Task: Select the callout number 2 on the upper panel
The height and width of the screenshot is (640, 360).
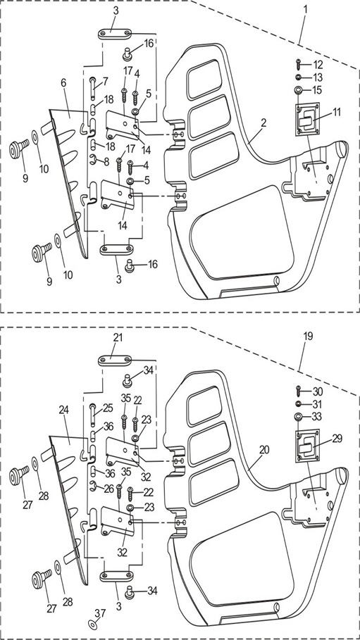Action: pos(264,123)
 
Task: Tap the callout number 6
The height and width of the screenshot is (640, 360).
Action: pos(63,82)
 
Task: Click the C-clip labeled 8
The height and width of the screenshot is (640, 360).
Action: pos(93,161)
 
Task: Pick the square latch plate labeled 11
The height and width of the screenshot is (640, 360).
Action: pos(307,118)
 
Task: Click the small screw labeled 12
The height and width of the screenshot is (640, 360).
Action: pos(298,65)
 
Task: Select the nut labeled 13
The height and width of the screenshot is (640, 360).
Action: pos(298,77)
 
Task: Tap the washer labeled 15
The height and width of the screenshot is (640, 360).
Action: pos(299,90)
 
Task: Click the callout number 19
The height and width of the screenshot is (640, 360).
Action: pos(308,336)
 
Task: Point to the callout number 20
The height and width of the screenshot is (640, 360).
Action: pos(264,449)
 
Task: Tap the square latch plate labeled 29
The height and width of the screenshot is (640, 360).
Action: pos(307,446)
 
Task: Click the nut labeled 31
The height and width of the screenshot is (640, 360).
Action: pos(298,405)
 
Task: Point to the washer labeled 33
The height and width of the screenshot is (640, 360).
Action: pos(299,417)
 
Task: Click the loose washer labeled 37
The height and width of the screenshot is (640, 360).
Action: pos(92,625)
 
